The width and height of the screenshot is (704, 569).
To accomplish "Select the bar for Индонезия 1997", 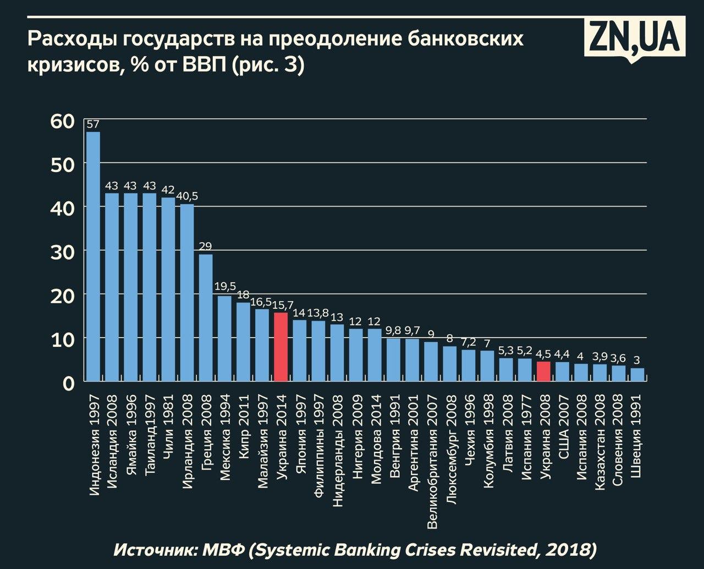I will pyautogui.click(x=94, y=256).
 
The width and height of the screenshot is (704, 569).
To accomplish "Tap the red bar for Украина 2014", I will pyautogui.click(x=280, y=346).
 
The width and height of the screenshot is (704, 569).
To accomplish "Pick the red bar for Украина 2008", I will pyautogui.click(x=543, y=371).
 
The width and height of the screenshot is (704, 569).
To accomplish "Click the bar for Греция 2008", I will pyautogui.click(x=206, y=317).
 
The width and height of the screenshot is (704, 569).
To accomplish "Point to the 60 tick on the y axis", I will pyautogui.click(x=62, y=121).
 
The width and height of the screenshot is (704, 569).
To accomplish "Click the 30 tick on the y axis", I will pyautogui.click(x=62, y=251).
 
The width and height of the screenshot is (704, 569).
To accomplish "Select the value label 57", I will pyautogui.click(x=93, y=124).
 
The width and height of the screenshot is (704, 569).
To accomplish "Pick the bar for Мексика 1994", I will pyautogui.click(x=224, y=338).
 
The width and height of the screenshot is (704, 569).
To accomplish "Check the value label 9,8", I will pyautogui.click(x=393, y=330).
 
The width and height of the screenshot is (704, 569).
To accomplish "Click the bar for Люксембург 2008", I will pyautogui.click(x=450, y=363).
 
